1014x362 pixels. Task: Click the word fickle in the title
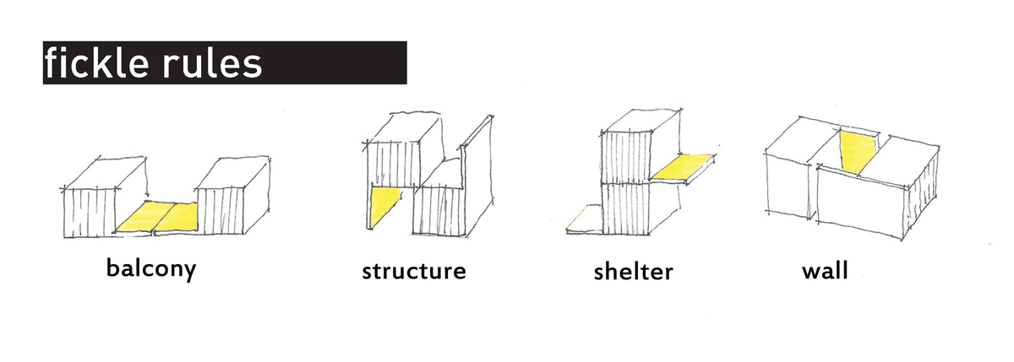point(97,62)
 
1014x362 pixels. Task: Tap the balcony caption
point(151,269)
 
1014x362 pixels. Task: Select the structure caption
point(414,271)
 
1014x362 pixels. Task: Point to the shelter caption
point(633,271)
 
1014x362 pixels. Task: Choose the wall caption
point(825,271)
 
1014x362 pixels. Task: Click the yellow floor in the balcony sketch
point(157,218)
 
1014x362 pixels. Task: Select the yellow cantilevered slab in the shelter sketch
point(684,167)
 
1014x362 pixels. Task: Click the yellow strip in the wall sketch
point(859,152)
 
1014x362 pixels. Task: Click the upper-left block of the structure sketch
point(403,149)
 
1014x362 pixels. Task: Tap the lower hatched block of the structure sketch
point(439,211)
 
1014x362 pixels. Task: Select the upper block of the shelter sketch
point(640,147)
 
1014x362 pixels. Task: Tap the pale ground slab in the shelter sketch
point(585,219)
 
